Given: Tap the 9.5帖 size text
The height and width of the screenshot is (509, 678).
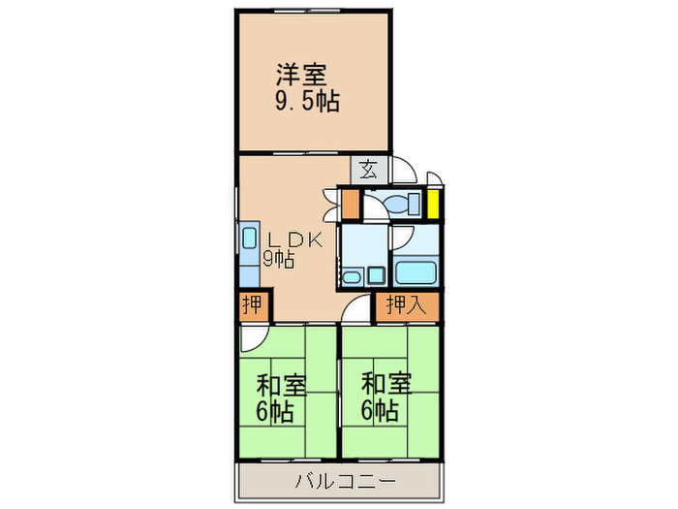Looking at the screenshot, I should pos(307,100).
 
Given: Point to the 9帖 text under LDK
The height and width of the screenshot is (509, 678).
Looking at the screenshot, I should pos(278,259).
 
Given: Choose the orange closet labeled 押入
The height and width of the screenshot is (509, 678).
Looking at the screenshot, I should pos(406,305).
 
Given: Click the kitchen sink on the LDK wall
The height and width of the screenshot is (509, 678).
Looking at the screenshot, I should pos(248,251).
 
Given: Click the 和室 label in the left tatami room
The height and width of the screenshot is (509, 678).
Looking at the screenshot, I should pos(282,384).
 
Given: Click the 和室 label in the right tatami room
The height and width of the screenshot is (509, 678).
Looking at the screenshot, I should pos(386,384).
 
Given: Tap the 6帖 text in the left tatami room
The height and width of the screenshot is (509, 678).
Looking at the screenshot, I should pos(275,410).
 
